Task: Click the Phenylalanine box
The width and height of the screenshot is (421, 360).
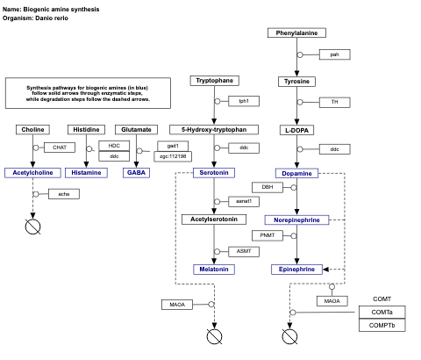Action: (296, 32)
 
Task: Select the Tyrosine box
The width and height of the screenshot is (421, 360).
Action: (296, 82)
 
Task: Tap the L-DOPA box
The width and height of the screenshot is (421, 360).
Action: (296, 129)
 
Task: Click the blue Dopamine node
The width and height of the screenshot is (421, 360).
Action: (296, 173)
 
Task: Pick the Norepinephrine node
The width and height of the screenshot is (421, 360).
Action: (296, 220)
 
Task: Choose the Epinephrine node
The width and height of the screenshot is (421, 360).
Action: (296, 269)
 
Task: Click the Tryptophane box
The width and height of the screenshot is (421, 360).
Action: (215, 81)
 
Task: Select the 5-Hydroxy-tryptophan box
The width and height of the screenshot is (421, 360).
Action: (215, 129)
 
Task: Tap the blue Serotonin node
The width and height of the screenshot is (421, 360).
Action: (213, 173)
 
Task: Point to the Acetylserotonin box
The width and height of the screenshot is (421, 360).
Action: (215, 219)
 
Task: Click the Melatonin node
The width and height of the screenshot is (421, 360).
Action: (213, 269)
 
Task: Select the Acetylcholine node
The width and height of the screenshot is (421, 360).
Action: (33, 173)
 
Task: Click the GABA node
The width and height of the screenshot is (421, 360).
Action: (136, 173)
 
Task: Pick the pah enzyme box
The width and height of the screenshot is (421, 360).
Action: (334, 54)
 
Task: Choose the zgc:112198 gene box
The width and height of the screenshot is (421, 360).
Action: (172, 156)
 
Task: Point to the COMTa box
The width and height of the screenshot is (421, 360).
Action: (382, 313)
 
